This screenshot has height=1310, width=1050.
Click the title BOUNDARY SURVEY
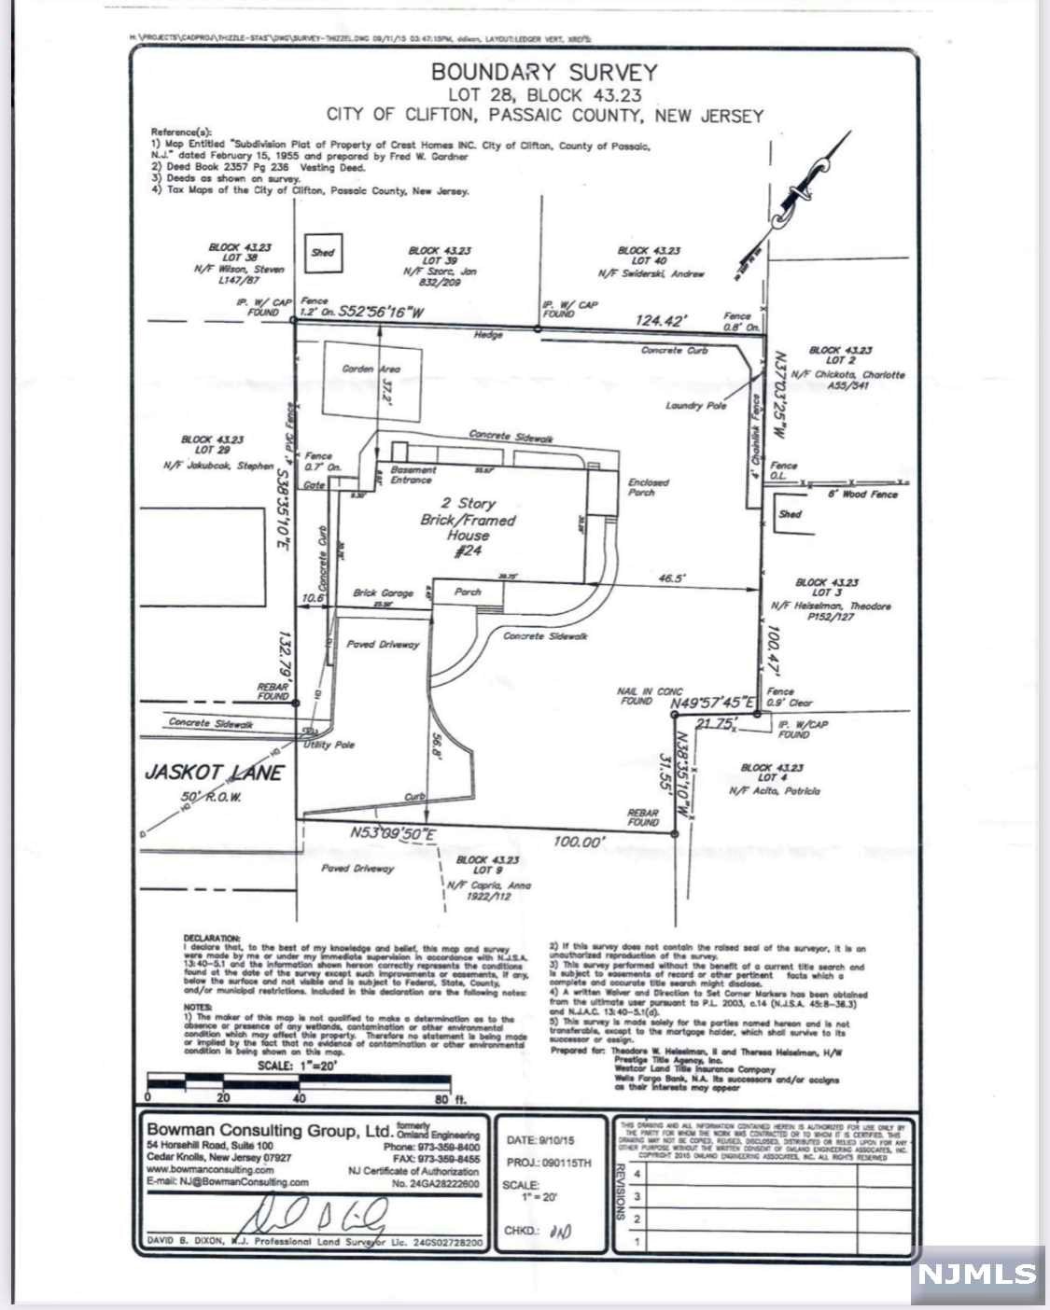[544, 72]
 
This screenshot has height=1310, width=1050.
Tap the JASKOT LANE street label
[214, 773]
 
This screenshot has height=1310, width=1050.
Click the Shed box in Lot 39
[323, 253]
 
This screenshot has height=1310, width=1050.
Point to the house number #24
[467, 552]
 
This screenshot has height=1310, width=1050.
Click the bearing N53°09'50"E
[393, 833]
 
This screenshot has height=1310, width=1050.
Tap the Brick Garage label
[383, 593]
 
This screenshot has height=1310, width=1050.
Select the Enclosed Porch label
[648, 487]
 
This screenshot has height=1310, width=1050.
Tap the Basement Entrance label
[411, 475]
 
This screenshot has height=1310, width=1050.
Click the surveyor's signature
[317, 1216]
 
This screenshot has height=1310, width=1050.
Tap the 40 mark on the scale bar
[300, 1098]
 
